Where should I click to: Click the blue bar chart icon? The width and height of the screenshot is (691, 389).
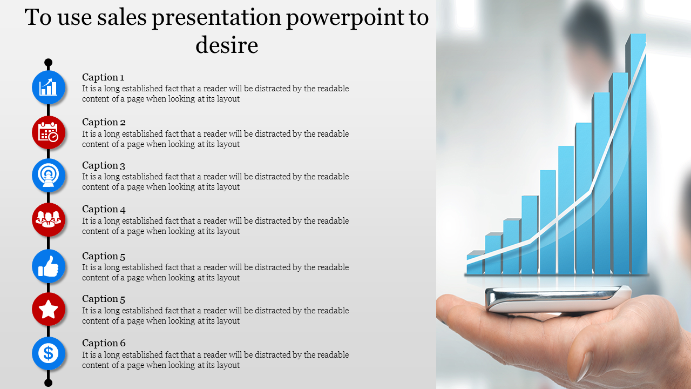49,88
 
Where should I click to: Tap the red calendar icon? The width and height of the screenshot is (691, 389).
49,132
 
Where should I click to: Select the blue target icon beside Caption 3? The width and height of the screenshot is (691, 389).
49,176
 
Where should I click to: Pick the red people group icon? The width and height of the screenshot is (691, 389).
49,219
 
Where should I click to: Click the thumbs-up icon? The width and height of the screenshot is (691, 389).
49,266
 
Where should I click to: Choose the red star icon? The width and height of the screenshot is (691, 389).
49,310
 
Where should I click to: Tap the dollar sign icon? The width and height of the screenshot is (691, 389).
49,353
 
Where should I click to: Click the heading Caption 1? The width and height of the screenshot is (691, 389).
103,77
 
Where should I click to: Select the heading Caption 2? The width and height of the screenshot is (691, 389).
104,122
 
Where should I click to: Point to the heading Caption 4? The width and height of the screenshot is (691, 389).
104,209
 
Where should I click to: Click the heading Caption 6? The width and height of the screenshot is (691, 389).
104,343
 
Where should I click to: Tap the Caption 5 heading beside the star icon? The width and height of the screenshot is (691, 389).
104,299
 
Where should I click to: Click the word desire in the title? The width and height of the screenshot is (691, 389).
227,45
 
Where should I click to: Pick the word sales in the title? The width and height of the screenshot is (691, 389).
122,17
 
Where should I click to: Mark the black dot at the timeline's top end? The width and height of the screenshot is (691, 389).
48,63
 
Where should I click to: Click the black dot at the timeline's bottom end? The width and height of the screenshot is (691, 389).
48,383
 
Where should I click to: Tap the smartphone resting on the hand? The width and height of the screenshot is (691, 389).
558,298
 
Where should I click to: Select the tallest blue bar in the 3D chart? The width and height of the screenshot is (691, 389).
636,154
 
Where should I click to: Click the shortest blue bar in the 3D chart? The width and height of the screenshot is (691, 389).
476,263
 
